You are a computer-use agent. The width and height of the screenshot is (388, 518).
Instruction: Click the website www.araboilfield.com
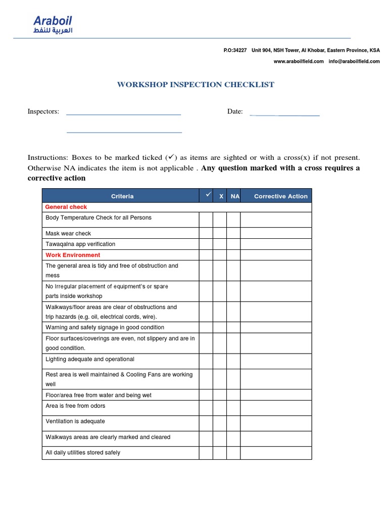click(x=299, y=61)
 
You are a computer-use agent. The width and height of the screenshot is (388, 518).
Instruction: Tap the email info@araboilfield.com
click(x=355, y=61)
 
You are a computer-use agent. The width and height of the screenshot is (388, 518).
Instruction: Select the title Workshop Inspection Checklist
click(x=196, y=84)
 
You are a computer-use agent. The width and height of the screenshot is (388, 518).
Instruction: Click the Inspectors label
click(x=43, y=111)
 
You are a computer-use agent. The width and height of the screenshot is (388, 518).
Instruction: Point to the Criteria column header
click(x=122, y=196)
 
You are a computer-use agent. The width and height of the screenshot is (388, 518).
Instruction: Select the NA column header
click(x=235, y=196)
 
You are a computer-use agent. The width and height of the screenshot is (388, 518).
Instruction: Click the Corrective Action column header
click(x=280, y=196)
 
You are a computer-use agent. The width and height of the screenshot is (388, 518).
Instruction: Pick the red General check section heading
click(x=66, y=207)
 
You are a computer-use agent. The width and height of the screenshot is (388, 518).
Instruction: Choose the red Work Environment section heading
click(x=73, y=255)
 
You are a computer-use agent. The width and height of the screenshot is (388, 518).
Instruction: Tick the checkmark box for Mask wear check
click(x=206, y=233)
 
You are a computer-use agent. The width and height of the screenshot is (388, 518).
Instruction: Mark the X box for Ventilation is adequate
click(x=220, y=421)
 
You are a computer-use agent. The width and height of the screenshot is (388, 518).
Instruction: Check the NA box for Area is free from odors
click(x=233, y=406)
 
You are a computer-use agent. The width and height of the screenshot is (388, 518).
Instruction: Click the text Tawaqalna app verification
click(x=80, y=244)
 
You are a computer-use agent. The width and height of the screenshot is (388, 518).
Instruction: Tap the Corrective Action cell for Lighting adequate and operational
click(x=276, y=361)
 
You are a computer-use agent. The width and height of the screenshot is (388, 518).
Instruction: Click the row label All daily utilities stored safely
click(x=83, y=453)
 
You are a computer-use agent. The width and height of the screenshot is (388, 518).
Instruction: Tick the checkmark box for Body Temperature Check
click(x=206, y=220)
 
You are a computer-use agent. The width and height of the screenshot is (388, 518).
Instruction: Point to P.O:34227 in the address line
click(x=235, y=51)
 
